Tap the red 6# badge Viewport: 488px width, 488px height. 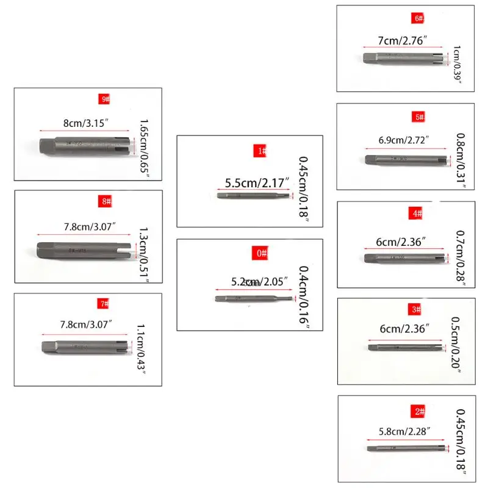click(419, 19)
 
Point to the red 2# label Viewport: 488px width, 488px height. click(420, 412)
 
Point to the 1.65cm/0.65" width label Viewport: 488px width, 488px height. click(144, 147)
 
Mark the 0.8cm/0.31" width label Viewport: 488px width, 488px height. click(461, 159)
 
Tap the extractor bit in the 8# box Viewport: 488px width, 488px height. click(82, 249)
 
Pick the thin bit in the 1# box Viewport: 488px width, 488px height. click(255, 196)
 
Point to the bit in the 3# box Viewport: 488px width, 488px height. click(405, 348)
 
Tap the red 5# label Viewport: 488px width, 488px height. click(419, 116)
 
